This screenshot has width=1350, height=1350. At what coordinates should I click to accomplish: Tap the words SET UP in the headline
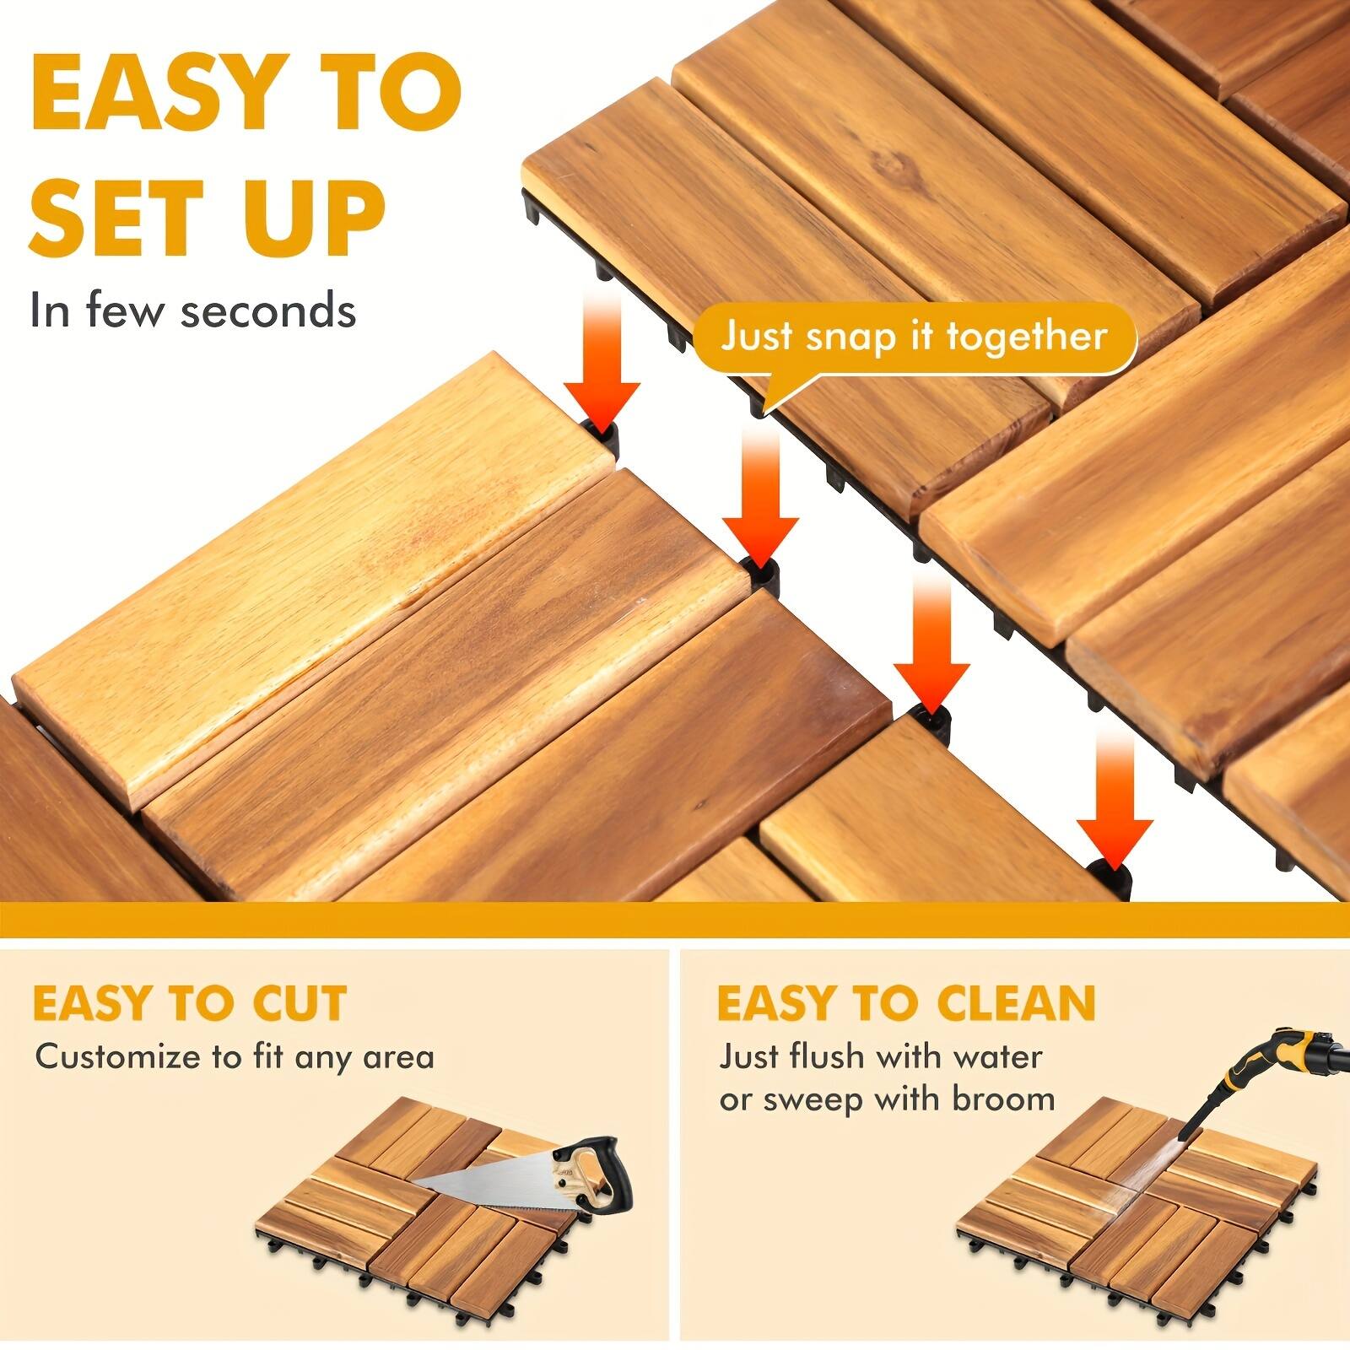pyautogui.click(x=207, y=217)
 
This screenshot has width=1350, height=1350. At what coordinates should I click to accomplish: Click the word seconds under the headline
pyautogui.click(x=267, y=310)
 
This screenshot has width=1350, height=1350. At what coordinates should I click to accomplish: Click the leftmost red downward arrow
pyautogui.click(x=602, y=363)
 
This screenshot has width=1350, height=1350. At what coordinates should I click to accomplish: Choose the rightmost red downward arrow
pyautogui.click(x=1114, y=797)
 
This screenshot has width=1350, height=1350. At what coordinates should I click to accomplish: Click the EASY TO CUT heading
pyautogui.click(x=189, y=1003)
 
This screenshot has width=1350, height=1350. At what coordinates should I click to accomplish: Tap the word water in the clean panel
pyautogui.click(x=999, y=1056)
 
